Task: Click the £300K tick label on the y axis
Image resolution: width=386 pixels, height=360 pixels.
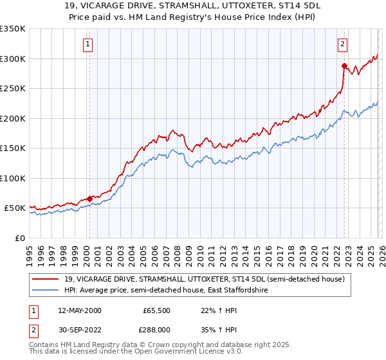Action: (12, 59)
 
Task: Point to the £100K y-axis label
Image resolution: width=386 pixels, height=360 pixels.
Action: (12, 178)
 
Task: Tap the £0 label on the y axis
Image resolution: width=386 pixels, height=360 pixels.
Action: (19, 238)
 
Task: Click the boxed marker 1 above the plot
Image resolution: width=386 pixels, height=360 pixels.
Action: (88, 44)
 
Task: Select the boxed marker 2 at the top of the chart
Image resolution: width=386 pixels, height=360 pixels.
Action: (343, 44)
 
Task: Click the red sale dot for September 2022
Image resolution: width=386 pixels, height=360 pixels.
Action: (345, 66)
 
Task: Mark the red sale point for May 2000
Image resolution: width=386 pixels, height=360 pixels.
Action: (89, 199)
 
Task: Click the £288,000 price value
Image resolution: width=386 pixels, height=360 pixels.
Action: (157, 330)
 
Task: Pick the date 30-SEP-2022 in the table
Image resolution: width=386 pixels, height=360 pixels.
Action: (79, 330)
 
